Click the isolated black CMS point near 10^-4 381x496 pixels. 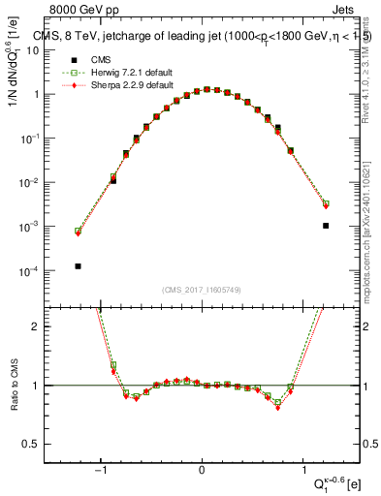(x=78, y=265)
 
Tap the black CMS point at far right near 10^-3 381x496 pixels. (x=326, y=226)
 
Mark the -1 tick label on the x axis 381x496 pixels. (x=101, y=470)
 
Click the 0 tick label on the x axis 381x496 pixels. (x=202, y=470)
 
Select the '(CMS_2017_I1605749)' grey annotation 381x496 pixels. (x=202, y=290)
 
